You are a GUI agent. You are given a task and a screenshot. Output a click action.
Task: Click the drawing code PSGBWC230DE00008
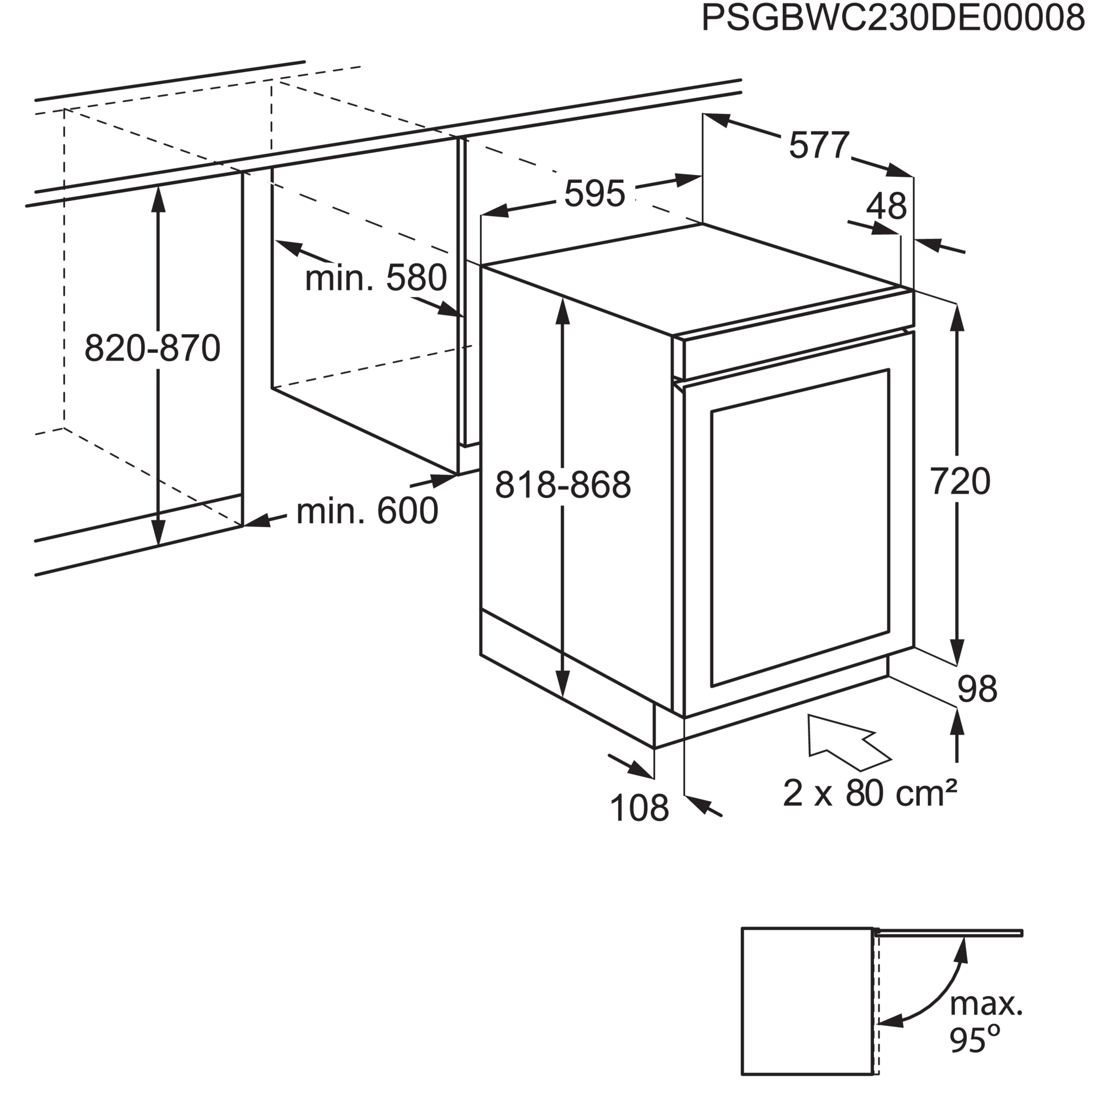pyautogui.click(x=893, y=18)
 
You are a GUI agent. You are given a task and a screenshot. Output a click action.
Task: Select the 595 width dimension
pyautogui.click(x=595, y=193)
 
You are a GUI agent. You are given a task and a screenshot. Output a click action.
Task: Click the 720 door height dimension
pyautogui.click(x=960, y=481)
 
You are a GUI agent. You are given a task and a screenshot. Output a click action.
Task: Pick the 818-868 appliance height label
pyautogui.click(x=563, y=485)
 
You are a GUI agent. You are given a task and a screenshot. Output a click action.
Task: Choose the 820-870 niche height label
pyautogui.click(x=152, y=348)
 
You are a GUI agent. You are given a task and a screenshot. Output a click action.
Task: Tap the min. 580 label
pyautogui.click(x=376, y=278)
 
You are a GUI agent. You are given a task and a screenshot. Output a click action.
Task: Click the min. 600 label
pyautogui.click(x=367, y=511)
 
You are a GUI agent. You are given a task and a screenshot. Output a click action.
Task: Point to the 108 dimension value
pyautogui.click(x=639, y=808)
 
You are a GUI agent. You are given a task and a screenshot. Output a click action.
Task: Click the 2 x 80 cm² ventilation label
pyautogui.click(x=869, y=793)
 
